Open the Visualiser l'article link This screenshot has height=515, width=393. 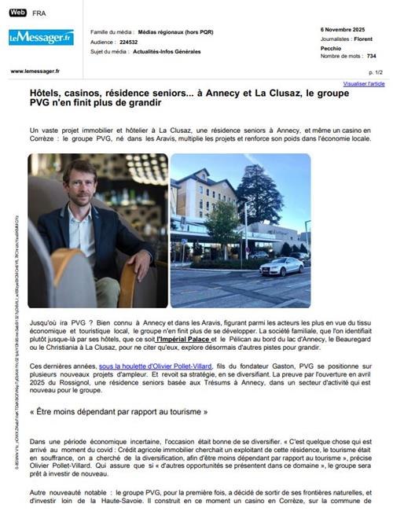(x=364, y=83)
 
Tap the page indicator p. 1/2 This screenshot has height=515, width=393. (x=376, y=72)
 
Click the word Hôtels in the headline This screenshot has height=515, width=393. (x=48, y=93)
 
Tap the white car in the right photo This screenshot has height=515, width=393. (x=280, y=266)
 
